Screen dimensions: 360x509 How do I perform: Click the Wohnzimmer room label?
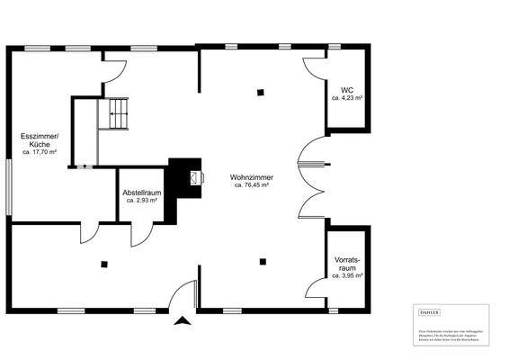coord(251,177)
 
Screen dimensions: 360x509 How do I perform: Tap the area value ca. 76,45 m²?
coord(251,185)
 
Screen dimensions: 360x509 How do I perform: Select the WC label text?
coord(346,88)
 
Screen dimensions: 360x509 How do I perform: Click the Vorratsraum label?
coord(347,264)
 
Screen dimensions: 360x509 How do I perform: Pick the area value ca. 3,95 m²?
coord(347,275)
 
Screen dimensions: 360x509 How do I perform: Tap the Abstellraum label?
coord(142,192)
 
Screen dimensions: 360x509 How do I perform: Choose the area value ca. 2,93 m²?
coord(142,200)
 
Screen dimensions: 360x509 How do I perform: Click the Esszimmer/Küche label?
coord(39,140)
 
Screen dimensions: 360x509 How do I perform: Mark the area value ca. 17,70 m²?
coord(40,153)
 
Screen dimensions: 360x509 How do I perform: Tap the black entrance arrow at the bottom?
coord(183,319)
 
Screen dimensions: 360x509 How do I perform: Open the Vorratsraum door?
coord(315,290)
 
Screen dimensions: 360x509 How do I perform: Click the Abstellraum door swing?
coord(141,234)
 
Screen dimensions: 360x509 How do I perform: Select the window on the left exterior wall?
coord(10,187)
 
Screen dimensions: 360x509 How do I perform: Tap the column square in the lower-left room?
coord(104,264)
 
